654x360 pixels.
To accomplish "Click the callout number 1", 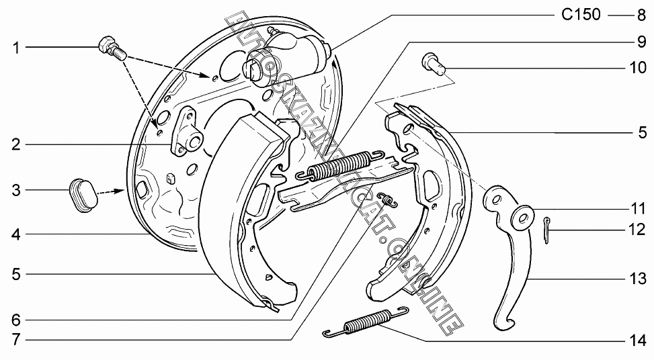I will (x=15, y=48).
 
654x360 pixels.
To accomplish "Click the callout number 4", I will (x=15, y=235).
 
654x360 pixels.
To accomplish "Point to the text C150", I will (x=581, y=14).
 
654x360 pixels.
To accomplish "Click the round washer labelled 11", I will (x=522, y=216).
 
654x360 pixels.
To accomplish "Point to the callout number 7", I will (x=15, y=340).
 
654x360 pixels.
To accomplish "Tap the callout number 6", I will (x=15, y=318).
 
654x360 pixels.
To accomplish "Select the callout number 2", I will (x=15, y=144).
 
